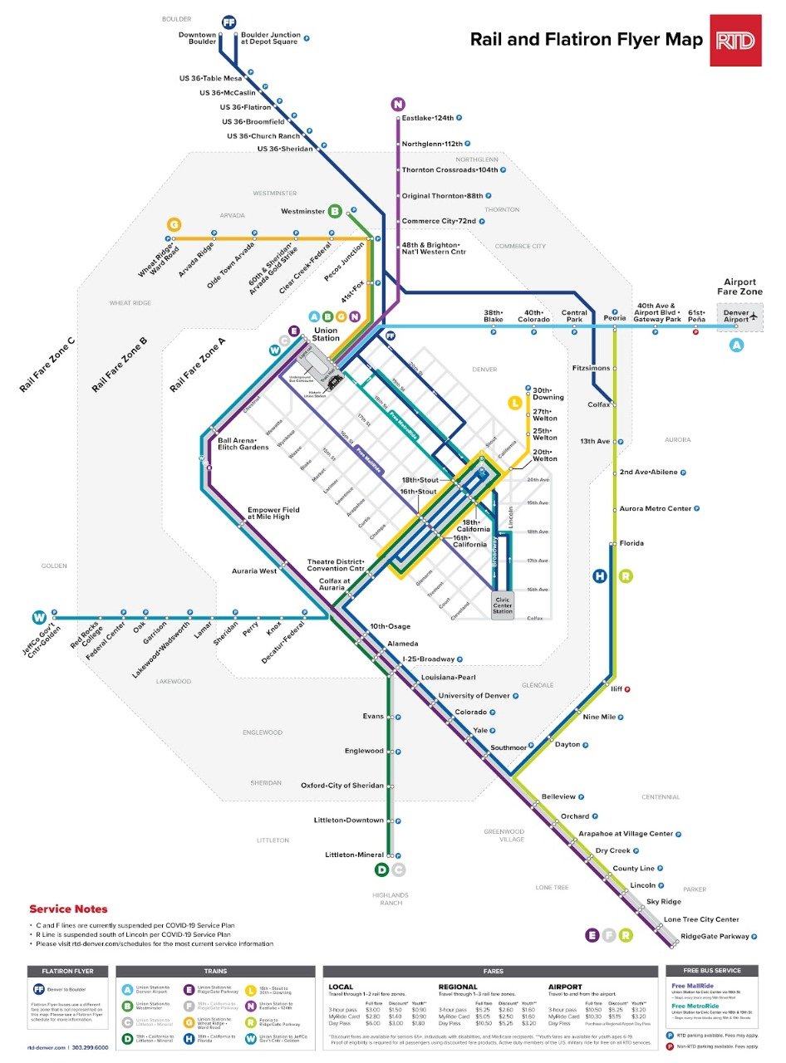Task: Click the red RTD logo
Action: [x=735, y=40]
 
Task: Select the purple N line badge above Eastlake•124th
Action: [x=399, y=104]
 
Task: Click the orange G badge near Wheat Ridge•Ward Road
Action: [x=174, y=224]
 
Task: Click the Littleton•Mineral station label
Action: [x=354, y=855]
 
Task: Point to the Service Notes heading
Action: [x=68, y=909]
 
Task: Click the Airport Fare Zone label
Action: [x=739, y=287]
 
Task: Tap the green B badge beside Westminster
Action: [x=335, y=212]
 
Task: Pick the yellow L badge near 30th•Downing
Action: [x=515, y=403]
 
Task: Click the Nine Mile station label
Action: [x=599, y=717]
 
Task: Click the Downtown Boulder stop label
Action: [x=197, y=38]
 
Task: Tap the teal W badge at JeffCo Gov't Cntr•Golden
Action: [x=38, y=617]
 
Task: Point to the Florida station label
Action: [x=631, y=543]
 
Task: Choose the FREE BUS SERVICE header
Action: [x=711, y=971]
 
